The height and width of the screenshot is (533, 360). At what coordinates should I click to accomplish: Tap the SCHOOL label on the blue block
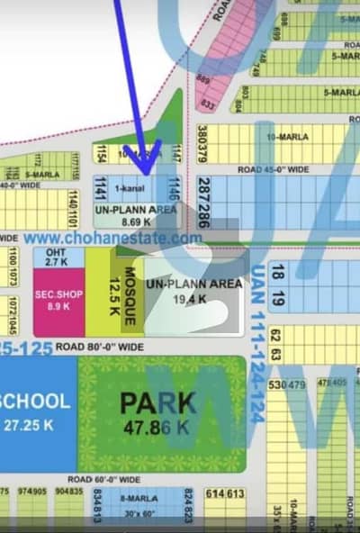36,402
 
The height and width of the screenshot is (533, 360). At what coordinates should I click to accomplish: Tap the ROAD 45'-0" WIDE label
274,168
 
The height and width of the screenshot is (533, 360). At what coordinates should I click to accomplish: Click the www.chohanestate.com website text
112,239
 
